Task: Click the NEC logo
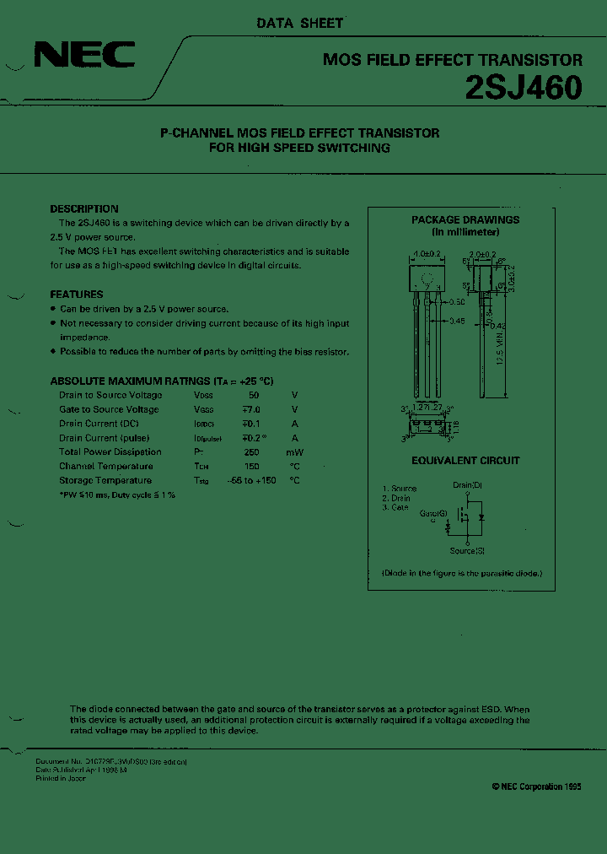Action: pyautogui.click(x=83, y=56)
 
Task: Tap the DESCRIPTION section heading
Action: pyautogui.click(x=84, y=208)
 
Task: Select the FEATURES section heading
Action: pyautogui.click(x=77, y=295)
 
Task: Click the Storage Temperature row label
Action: pyautogui.click(x=105, y=480)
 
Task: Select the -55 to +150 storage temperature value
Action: pyautogui.click(x=251, y=480)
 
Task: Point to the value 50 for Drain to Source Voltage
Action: pyautogui.click(x=254, y=395)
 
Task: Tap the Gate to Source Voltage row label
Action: pyautogui.click(x=108, y=409)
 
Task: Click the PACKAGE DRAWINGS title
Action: pyautogui.click(x=465, y=219)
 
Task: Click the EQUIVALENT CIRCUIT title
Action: pyautogui.click(x=465, y=461)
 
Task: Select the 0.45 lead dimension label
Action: pyautogui.click(x=458, y=321)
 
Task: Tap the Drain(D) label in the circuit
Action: pyautogui.click(x=467, y=485)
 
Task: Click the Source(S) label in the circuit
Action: pyautogui.click(x=467, y=551)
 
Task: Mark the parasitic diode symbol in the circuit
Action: pyautogui.click(x=481, y=516)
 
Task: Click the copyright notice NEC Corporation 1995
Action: pyautogui.click(x=536, y=786)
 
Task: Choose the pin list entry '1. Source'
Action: pyautogui.click(x=399, y=489)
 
